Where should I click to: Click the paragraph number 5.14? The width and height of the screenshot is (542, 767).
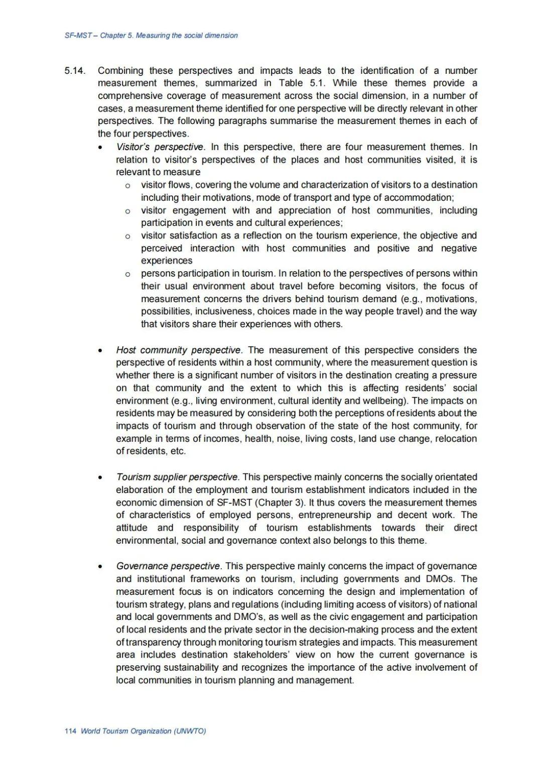(75, 71)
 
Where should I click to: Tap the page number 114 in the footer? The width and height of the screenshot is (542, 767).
(70, 731)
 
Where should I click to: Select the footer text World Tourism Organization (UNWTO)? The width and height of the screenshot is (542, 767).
(143, 731)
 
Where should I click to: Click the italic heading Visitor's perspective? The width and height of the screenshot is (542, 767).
(160, 147)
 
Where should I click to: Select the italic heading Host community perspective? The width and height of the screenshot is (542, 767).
(179, 350)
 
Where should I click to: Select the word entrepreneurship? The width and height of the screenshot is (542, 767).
(334, 515)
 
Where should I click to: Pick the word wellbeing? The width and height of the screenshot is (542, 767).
(384, 401)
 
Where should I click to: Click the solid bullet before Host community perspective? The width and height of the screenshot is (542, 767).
(101, 350)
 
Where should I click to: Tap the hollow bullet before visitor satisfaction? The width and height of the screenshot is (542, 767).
(128, 236)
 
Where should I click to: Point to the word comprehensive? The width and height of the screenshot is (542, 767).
(125, 96)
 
